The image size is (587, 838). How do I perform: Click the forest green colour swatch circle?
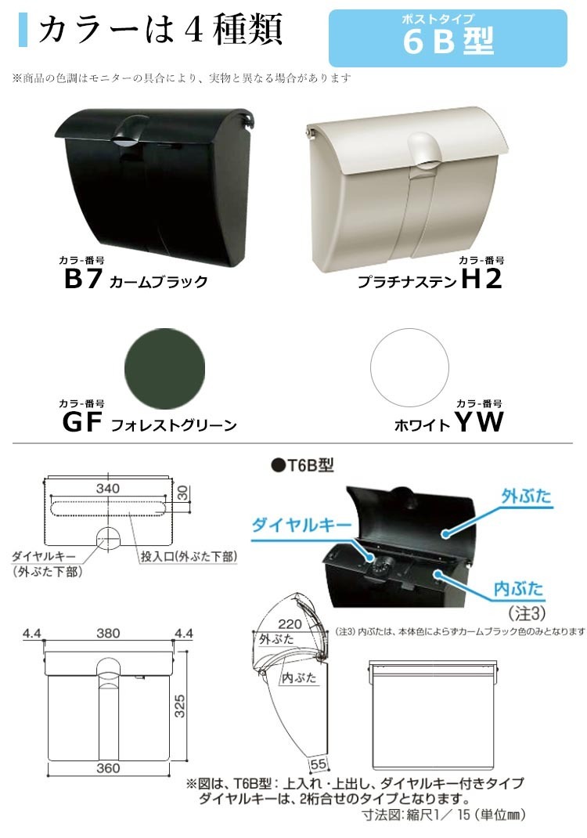point(164,369)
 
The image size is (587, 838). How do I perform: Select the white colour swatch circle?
point(409,367)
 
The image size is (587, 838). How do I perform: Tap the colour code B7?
point(83,280)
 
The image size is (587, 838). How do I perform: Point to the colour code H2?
point(481,279)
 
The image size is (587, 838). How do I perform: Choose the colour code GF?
point(82,422)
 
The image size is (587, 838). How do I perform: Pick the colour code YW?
point(479,421)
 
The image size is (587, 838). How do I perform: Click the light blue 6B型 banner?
point(448,38)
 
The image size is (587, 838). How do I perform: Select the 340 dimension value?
point(108,488)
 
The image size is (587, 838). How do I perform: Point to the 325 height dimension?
point(180,706)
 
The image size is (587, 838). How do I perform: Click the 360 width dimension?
point(108,768)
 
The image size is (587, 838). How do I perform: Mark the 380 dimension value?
point(108,634)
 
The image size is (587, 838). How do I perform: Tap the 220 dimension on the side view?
point(290,623)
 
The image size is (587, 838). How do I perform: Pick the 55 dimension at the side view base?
point(319,764)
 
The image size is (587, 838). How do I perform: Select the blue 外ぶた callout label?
point(526,497)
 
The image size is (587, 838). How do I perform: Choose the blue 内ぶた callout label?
point(518,589)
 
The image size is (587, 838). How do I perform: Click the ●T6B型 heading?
point(302,465)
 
